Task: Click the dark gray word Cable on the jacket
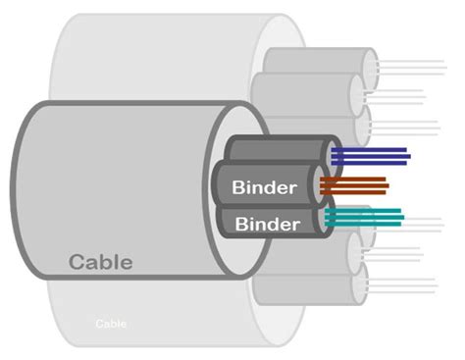tap(100, 262)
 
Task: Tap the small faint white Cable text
tap(111, 323)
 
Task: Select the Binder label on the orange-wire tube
tap(265, 186)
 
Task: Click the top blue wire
tap(371, 149)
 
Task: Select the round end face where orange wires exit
tap(320, 184)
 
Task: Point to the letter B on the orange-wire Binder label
tap(237, 186)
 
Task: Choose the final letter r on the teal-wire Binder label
tap(295, 225)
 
